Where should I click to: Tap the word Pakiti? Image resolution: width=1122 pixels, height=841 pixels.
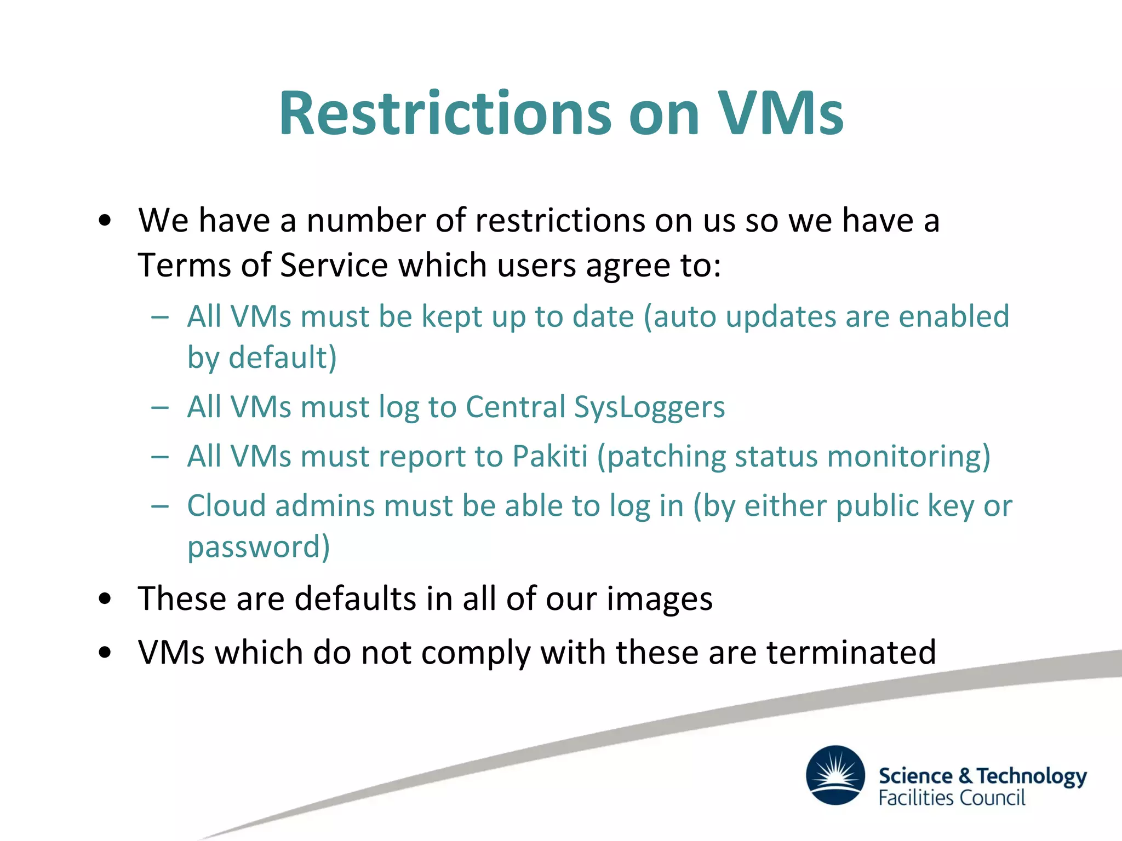click(549, 457)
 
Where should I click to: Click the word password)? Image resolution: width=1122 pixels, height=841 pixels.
click(259, 547)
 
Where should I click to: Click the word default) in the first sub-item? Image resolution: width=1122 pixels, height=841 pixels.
click(282, 358)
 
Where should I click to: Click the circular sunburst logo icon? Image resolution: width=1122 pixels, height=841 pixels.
click(835, 775)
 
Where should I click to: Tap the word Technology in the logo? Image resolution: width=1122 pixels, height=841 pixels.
click(1032, 776)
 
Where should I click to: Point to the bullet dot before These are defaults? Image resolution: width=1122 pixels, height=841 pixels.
click(105, 600)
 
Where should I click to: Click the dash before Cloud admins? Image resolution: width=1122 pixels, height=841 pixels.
click(160, 506)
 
